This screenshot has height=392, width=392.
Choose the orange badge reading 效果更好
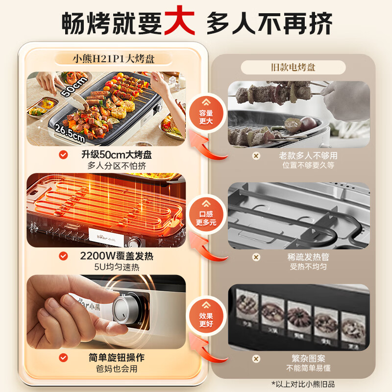click(x=206, y=319)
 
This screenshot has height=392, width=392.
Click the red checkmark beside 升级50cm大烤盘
click(x=63, y=155)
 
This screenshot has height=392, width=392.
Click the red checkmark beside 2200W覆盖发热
click(x=63, y=256)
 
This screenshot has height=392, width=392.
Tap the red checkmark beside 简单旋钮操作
click(x=63, y=358)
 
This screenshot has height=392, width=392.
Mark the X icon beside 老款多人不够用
click(x=256, y=156)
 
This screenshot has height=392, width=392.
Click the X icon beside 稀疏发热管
click(x=256, y=257)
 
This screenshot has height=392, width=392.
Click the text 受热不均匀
click(x=307, y=267)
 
